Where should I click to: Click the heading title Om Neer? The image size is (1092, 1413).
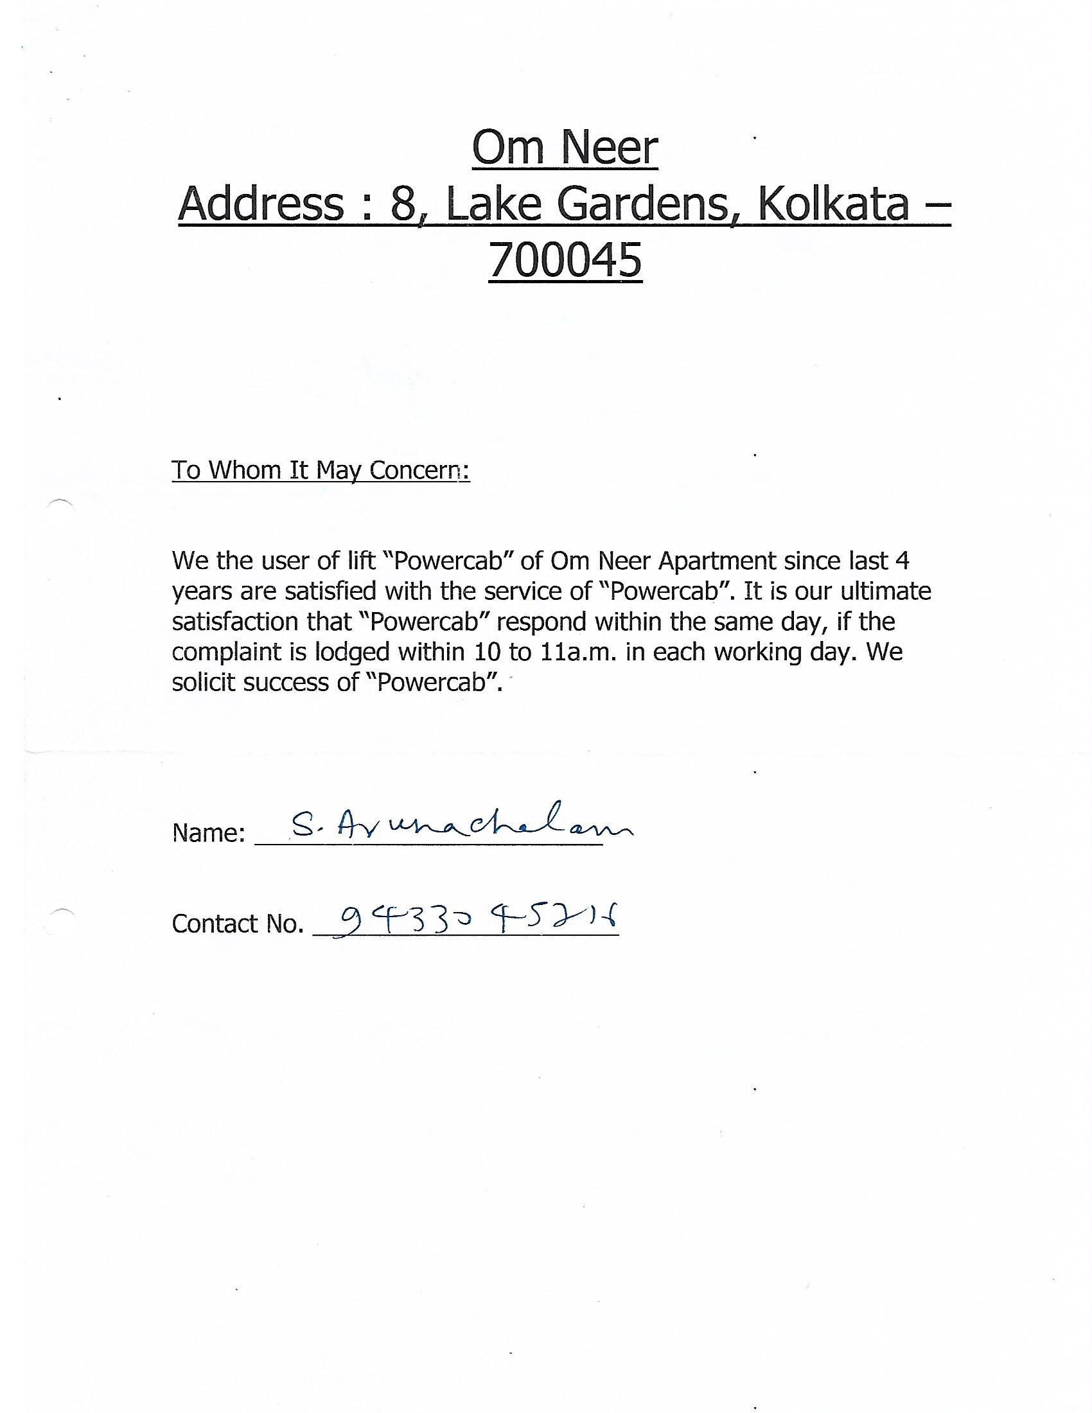(565, 148)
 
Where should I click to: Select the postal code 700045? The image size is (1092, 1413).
(565, 261)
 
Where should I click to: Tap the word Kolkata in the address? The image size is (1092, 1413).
(832, 204)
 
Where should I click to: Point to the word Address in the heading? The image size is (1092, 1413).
(261, 204)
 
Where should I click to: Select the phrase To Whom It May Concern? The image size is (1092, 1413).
(321, 470)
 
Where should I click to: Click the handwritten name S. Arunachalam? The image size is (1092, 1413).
(461, 825)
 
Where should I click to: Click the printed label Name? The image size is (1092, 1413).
(208, 833)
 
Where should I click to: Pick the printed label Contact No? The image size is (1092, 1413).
(238, 924)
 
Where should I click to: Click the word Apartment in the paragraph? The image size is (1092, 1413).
(718, 561)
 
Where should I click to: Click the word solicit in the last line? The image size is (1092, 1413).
(202, 683)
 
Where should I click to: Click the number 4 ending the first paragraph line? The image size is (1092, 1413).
(903, 561)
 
